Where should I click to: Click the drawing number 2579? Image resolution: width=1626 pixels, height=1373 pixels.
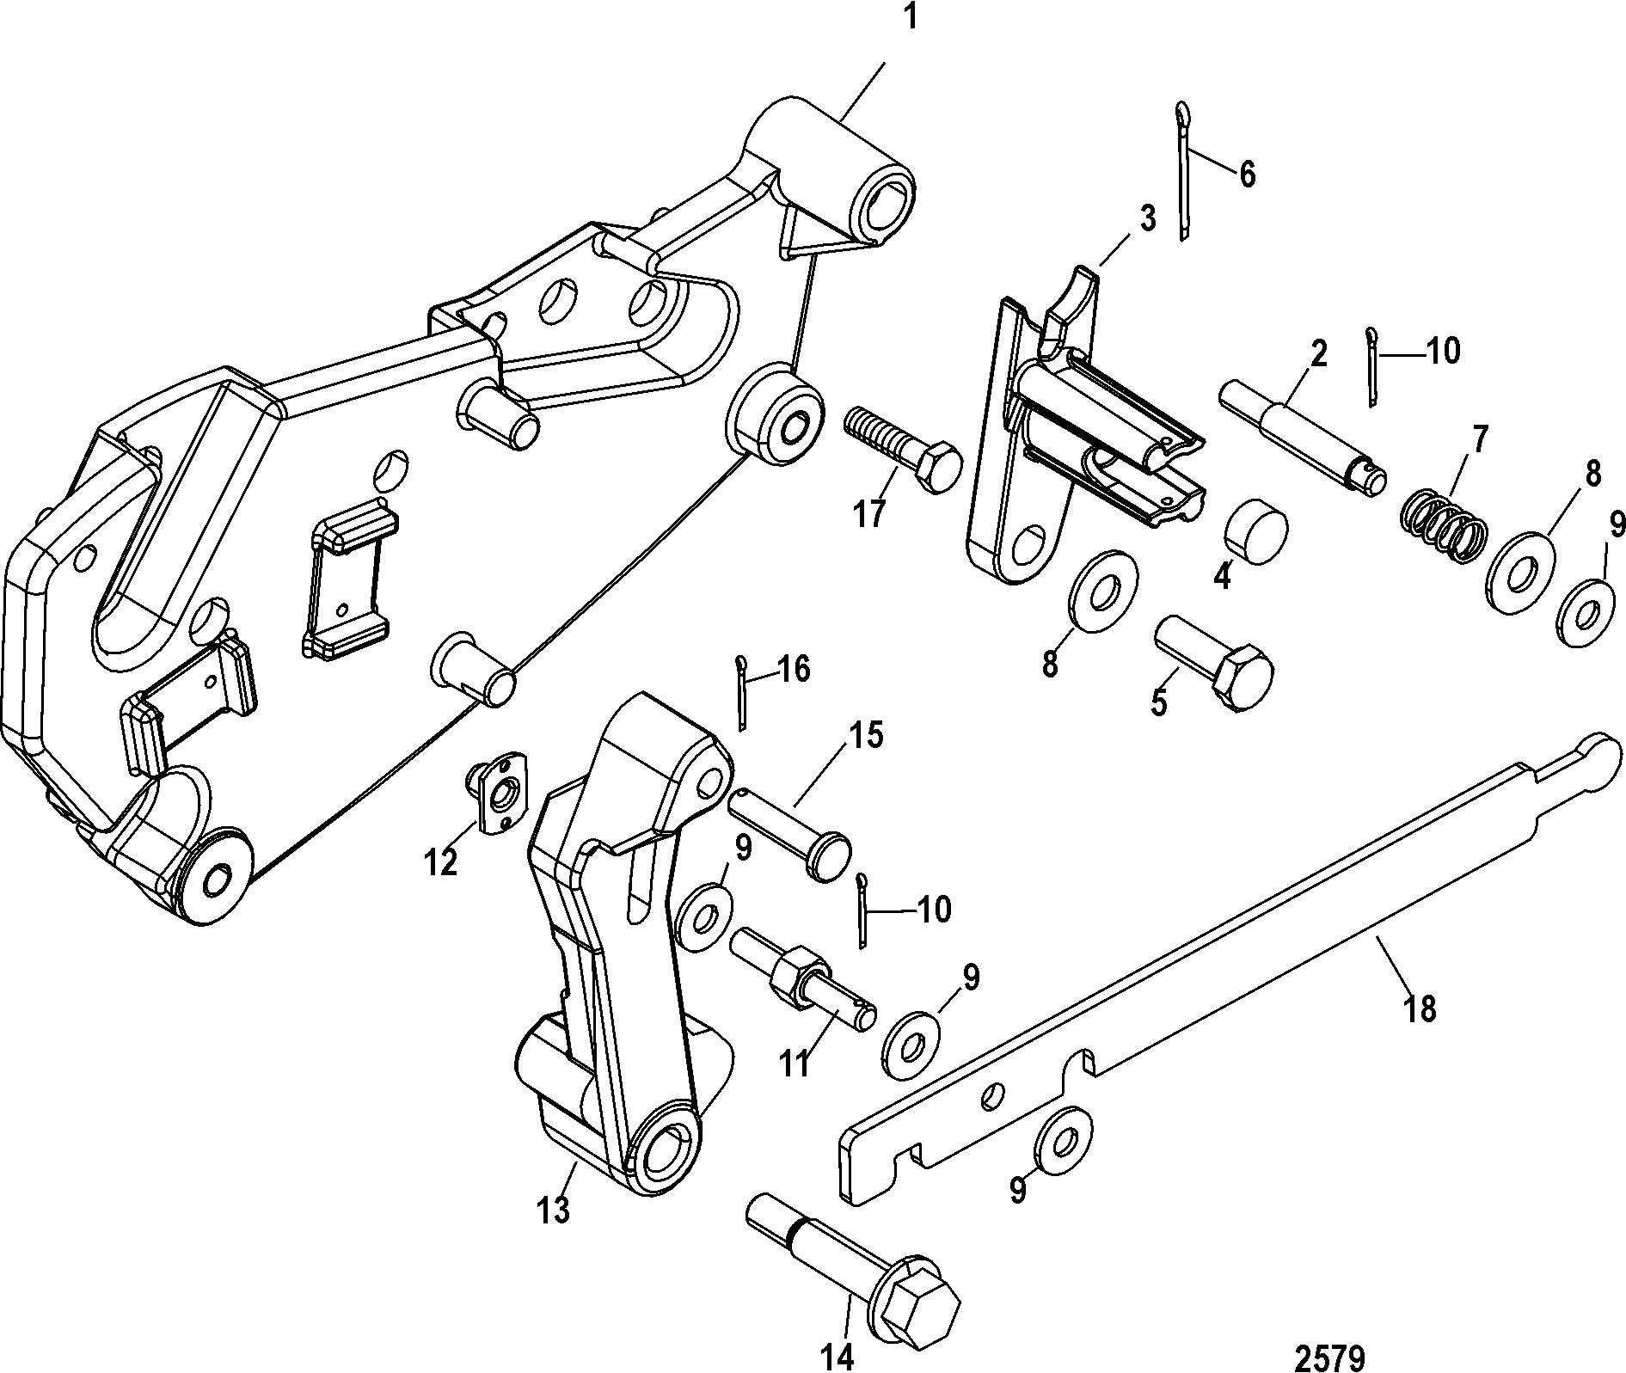(x=1329, y=1336)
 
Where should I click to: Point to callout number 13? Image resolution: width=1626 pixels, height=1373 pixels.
(x=553, y=1211)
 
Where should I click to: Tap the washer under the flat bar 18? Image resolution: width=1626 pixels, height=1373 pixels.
(x=1062, y=1139)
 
